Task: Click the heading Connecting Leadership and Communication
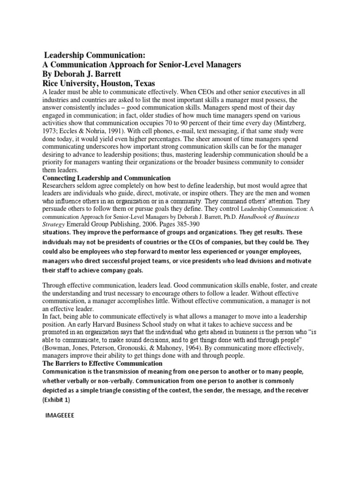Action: tap(106, 178)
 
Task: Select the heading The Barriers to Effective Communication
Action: tap(103, 363)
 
